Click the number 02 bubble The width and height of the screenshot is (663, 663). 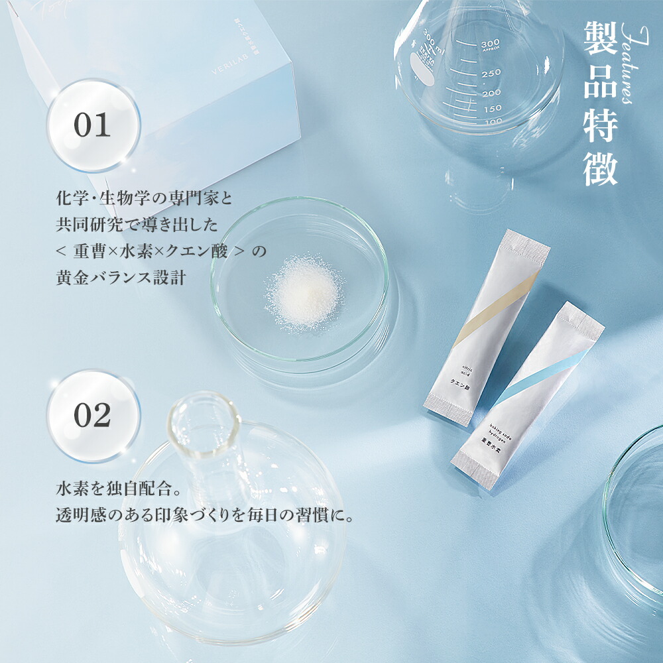coord(92,415)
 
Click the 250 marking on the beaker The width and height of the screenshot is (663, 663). coord(491,74)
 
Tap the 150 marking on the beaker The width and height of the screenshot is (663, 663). coord(492,109)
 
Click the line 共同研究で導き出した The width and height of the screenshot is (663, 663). coord(137,225)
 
